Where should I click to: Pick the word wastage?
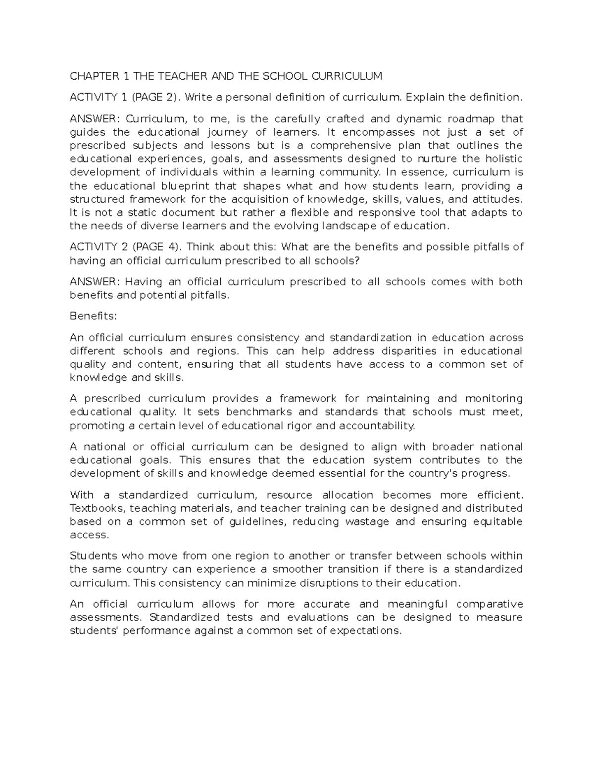coord(367,521)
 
